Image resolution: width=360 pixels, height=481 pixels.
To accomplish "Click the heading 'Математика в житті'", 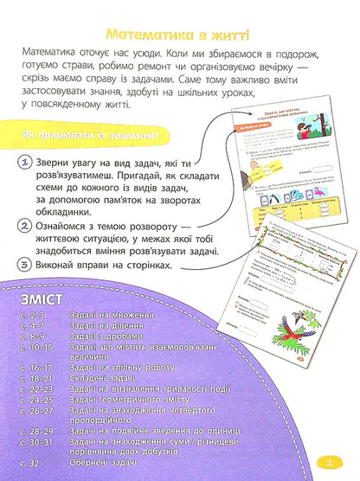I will pos(176,35).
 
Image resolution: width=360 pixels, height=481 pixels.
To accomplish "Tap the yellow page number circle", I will pos(342,460).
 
